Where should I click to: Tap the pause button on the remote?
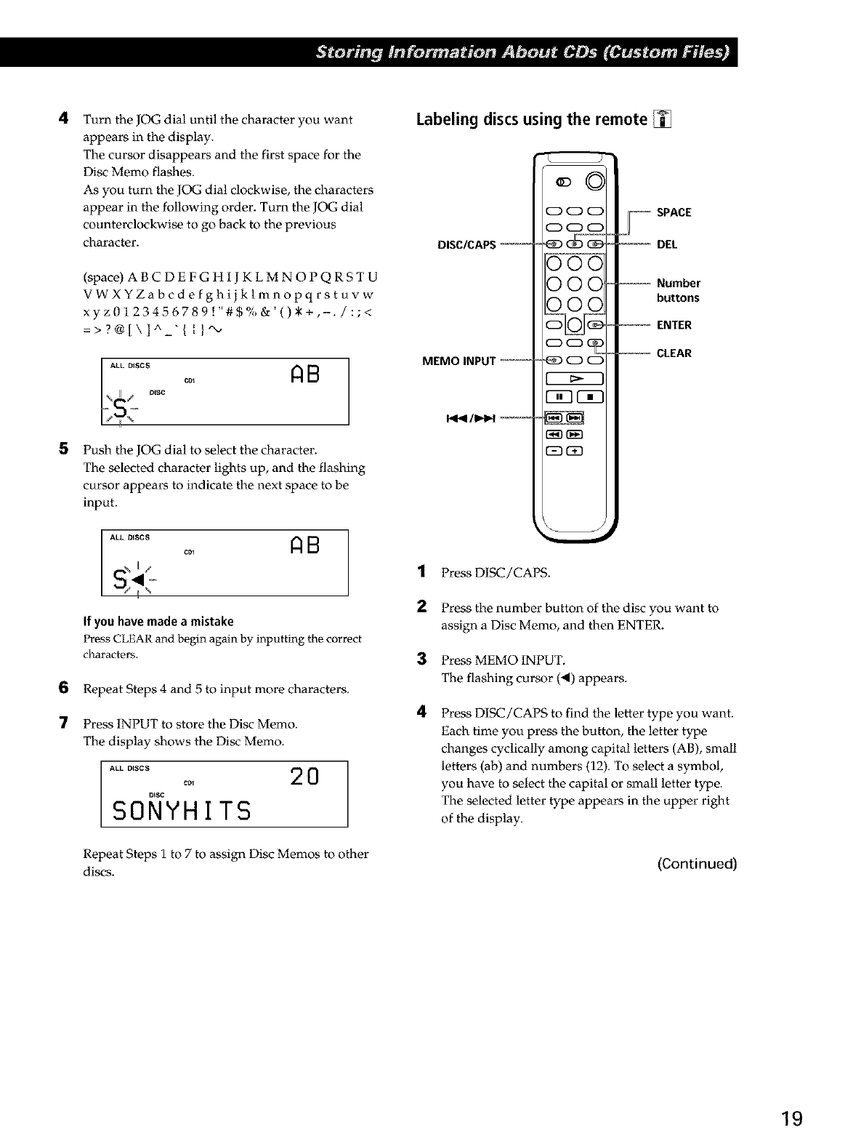tap(559, 397)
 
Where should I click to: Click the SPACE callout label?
tap(674, 212)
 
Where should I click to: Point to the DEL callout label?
tap(666, 244)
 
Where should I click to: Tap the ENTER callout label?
tap(674, 325)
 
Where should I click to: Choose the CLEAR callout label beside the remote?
tap(674, 353)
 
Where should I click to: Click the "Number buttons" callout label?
tap(678, 290)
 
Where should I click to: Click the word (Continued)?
tap(697, 864)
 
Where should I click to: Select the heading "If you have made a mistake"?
tap(158, 621)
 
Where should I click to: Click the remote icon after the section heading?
tap(663, 119)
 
